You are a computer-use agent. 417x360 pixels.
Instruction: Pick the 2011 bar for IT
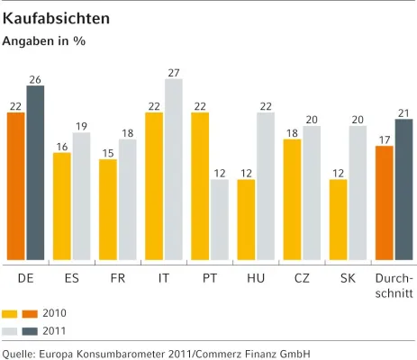pyautogui.click(x=174, y=170)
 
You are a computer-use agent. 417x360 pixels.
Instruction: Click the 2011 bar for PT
pyautogui.click(x=220, y=220)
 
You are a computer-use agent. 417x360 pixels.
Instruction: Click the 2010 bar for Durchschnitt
pyautogui.click(x=385, y=203)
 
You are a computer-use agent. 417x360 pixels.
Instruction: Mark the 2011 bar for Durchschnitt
pyautogui.click(x=403, y=190)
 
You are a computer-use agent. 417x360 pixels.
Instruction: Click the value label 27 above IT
pyautogui.click(x=174, y=72)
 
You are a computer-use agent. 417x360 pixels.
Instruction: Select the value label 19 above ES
pyautogui.click(x=82, y=126)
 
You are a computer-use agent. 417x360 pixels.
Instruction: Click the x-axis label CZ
pyautogui.click(x=302, y=279)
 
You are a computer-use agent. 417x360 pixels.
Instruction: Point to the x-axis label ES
pyautogui.click(x=71, y=279)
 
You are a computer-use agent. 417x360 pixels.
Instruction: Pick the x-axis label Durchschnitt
pyautogui.click(x=394, y=286)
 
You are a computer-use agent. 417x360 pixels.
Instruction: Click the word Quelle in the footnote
pyautogui.click(x=20, y=353)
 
